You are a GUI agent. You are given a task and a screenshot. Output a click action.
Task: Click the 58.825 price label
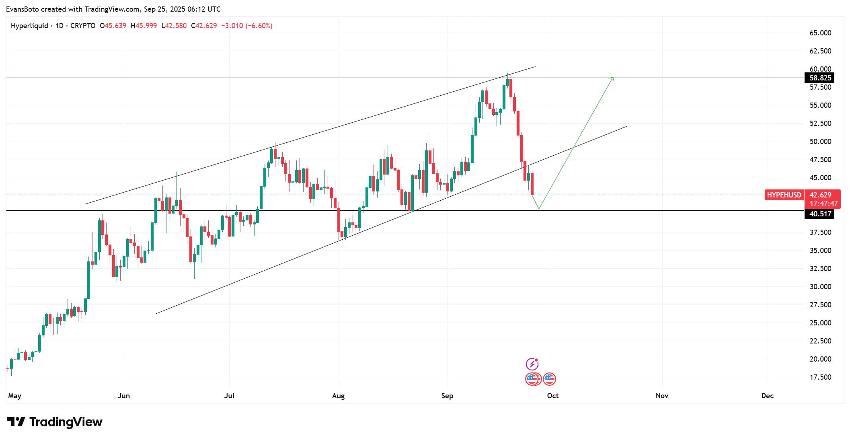point(819,78)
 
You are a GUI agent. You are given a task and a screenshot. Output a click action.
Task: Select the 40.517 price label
point(819,214)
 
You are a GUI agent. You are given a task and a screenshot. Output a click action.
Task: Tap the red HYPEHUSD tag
point(784,195)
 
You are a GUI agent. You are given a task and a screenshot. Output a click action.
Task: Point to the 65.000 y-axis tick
point(820,33)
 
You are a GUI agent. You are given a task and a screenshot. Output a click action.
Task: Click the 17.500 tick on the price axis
point(820,377)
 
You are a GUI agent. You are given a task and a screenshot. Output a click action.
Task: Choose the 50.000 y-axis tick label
point(820,142)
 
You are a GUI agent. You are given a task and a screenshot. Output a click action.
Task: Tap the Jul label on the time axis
point(229,396)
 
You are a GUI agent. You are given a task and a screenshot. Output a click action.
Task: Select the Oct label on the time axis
point(553,396)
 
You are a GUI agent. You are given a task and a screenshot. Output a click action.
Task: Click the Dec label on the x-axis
point(767,396)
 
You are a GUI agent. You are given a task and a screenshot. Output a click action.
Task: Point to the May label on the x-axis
point(14,396)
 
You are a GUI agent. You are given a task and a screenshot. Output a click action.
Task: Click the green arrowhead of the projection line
point(612,78)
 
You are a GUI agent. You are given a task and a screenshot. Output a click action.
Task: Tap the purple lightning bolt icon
point(532,364)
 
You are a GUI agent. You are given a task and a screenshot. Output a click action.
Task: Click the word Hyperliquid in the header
point(29,26)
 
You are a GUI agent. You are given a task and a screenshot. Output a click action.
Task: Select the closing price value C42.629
point(204,26)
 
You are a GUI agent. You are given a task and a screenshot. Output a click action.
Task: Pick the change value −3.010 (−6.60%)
point(247,26)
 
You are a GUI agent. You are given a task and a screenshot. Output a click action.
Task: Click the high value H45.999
point(144,26)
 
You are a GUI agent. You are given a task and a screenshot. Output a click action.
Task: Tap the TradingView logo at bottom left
point(55,422)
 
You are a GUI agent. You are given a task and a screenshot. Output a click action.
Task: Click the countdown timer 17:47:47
point(823,204)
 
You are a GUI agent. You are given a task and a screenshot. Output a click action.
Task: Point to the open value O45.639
point(113,26)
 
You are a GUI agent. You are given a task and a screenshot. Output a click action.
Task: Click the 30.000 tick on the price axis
point(820,287)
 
